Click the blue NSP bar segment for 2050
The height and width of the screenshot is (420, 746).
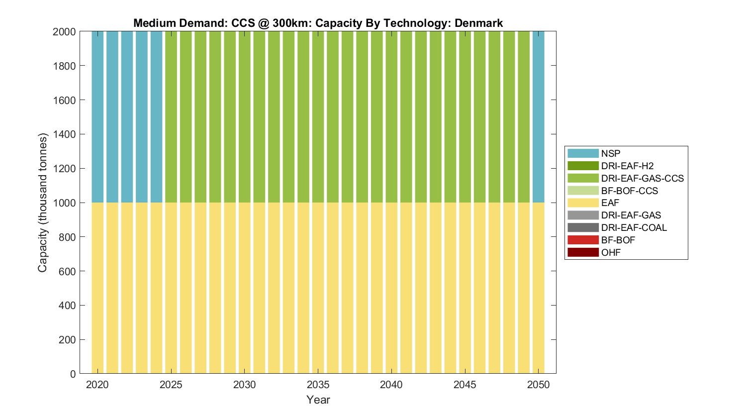point(538,117)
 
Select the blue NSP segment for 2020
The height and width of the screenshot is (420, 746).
point(97,117)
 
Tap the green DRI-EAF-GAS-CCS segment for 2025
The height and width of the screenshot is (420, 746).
point(171,117)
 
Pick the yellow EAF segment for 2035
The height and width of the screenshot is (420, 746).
point(318,288)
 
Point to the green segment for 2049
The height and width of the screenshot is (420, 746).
point(524,117)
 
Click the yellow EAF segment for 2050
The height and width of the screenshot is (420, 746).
point(538,288)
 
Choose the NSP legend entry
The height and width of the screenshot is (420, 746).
point(610,154)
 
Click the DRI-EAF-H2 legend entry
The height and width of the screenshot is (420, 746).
point(627,166)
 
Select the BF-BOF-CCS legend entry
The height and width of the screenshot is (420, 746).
point(629,191)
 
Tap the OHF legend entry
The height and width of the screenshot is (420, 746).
point(611,252)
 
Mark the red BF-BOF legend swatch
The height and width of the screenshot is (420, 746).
point(583,240)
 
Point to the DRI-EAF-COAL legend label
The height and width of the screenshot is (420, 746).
point(634,227)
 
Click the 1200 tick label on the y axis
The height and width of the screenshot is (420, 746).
point(64,169)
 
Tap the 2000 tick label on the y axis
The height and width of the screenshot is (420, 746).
point(64,32)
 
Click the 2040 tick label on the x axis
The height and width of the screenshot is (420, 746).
point(391,385)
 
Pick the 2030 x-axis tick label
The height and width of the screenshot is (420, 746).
point(244,385)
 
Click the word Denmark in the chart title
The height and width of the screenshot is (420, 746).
point(478,23)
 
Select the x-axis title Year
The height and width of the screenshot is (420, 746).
point(318,400)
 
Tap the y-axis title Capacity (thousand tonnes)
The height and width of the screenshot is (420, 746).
point(42,203)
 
